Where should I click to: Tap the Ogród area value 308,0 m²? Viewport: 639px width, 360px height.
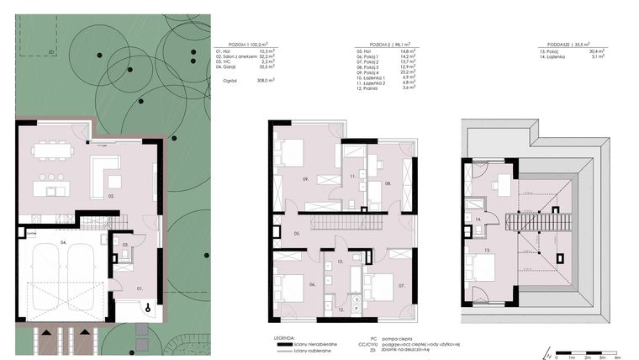tap(267, 80)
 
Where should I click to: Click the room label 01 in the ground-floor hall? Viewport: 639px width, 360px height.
tap(140, 288)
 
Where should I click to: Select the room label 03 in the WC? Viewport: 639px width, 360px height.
tap(124, 244)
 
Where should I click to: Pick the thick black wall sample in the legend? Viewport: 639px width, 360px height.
tap(283, 344)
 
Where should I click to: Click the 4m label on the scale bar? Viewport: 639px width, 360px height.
tap(616, 357)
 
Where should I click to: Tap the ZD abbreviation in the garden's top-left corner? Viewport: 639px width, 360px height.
tap(51, 52)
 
